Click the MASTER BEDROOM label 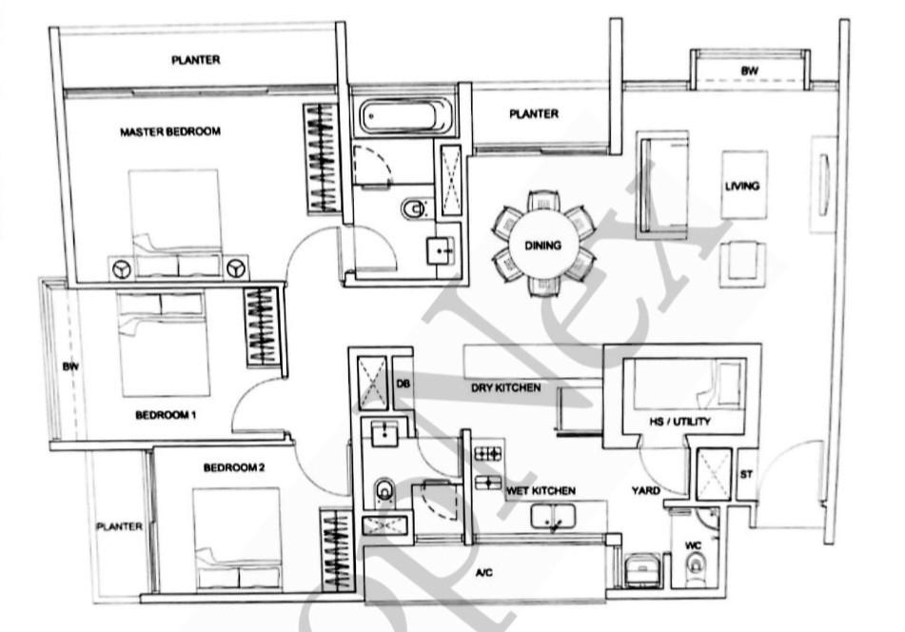point(170,131)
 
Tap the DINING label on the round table point(542,246)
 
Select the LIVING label point(742,186)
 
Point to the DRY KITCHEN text point(506,387)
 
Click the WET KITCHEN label point(541,490)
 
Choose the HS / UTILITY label point(679,422)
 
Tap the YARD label point(645,490)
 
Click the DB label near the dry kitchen point(403,383)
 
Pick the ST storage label point(746,474)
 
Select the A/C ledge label point(484,572)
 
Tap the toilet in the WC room point(695,563)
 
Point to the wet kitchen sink point(553,516)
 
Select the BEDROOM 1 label point(166,415)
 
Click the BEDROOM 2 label point(234,467)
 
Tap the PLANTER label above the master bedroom point(196,59)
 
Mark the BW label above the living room point(749,71)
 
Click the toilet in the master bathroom point(413,209)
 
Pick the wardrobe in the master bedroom point(321,158)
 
